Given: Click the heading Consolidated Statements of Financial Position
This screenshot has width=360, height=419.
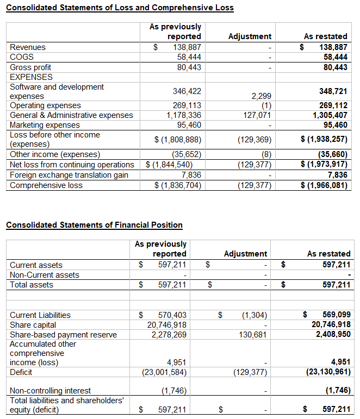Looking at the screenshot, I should [94, 225].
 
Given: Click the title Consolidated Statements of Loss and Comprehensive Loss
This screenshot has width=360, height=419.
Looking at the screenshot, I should [120, 8].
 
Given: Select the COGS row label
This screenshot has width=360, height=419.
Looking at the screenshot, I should [22, 57].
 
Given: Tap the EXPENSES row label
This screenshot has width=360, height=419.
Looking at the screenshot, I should [32, 77].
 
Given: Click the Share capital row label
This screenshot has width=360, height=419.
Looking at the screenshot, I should [33, 325].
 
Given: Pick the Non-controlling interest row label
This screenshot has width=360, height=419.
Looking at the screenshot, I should [51, 390].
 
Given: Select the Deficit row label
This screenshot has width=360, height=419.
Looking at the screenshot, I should [21, 372].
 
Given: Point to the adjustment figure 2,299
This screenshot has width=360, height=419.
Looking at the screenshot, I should [261, 96].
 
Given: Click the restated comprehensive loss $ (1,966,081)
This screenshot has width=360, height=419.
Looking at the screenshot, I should [324, 185].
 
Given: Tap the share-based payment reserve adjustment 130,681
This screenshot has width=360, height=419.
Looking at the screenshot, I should [253, 335].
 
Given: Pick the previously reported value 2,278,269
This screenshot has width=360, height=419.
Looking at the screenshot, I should [169, 335].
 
